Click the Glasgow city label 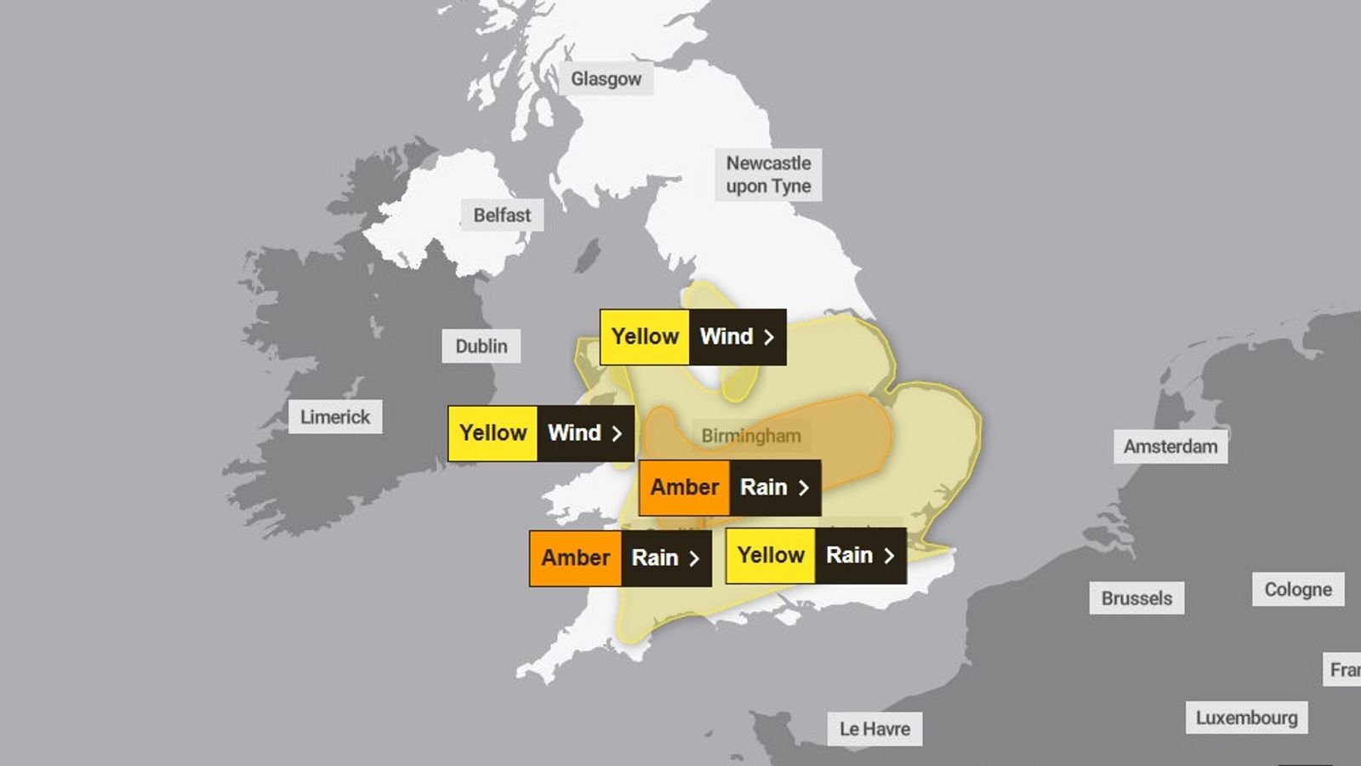[x=606, y=79]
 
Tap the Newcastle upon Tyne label [x=768, y=174]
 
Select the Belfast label [x=502, y=215]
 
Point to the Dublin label [x=481, y=346]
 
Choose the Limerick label [x=335, y=417]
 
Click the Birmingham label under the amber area [x=751, y=436]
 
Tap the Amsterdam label [x=1170, y=447]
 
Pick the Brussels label [x=1136, y=598]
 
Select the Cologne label [x=1298, y=590]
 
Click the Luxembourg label [x=1247, y=717]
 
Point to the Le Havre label [x=874, y=729]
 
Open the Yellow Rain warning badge [x=815, y=556]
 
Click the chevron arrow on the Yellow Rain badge [x=889, y=556]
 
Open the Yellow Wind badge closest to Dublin [x=540, y=433]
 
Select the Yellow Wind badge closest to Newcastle [x=692, y=337]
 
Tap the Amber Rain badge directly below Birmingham [x=729, y=488]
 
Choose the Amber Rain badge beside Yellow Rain [x=620, y=558]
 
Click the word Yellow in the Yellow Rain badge [x=771, y=556]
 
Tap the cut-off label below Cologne [x=1344, y=670]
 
